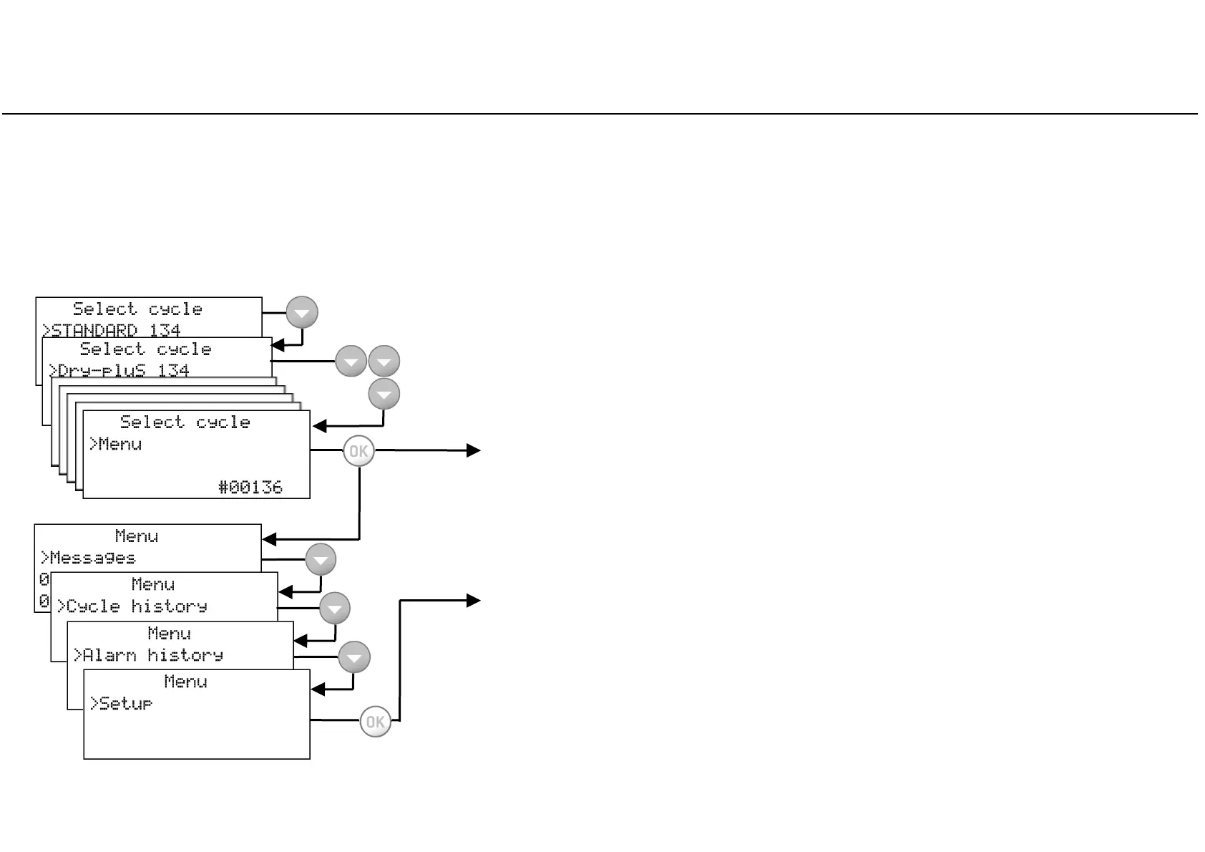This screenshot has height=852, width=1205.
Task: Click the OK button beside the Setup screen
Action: [x=375, y=722]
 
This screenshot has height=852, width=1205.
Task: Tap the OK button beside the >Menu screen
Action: [x=358, y=451]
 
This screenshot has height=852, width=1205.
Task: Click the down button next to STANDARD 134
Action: [x=302, y=313]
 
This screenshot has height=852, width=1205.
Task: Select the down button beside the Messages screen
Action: [x=321, y=559]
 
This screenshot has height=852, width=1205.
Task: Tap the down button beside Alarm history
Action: [x=354, y=657]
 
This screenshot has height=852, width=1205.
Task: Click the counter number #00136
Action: [x=250, y=488]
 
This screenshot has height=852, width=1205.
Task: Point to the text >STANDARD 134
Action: [x=111, y=330]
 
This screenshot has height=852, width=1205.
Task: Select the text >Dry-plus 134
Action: [x=119, y=370]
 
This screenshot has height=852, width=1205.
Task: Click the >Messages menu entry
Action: [x=87, y=558]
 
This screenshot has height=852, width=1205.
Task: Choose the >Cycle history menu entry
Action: [x=132, y=606]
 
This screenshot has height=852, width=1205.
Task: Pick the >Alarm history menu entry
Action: [x=149, y=655]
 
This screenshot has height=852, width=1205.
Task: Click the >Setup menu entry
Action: [x=121, y=704]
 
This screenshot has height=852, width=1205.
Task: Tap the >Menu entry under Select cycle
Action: [x=115, y=444]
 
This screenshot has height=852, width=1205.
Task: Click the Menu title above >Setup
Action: [x=185, y=682]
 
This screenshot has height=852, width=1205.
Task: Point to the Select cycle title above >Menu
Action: [x=185, y=422]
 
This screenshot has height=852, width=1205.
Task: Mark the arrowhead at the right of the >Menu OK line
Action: [x=473, y=450]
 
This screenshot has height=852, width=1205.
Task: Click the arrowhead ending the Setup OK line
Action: [x=473, y=601]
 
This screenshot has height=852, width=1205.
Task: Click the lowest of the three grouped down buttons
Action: [x=384, y=394]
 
